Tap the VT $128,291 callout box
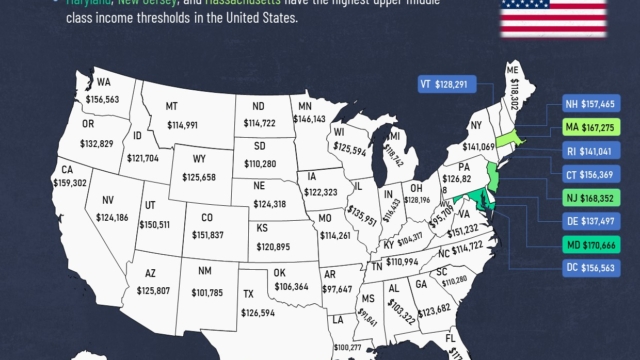coord(450,85)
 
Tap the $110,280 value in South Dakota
coord(263,162)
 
